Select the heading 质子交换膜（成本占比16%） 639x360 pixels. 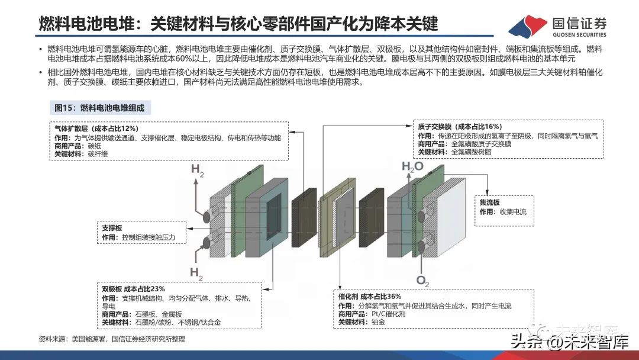[459, 127]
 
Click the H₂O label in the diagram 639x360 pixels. [413, 167]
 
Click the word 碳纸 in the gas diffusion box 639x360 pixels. [95, 146]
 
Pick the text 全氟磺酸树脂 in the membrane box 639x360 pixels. [471, 152]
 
